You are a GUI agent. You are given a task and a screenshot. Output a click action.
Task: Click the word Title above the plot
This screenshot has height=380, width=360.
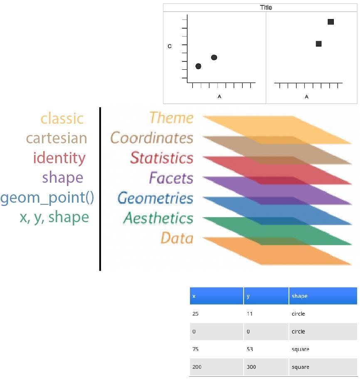click(x=266, y=7)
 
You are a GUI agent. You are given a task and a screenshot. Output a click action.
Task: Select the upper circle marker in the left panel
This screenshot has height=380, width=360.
click(x=214, y=57)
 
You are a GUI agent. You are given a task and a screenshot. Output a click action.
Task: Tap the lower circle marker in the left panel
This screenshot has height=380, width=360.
click(x=198, y=66)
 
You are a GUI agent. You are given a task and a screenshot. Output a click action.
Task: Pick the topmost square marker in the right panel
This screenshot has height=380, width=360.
click(x=330, y=22)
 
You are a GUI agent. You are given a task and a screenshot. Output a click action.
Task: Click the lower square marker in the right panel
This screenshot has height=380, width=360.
click(x=318, y=44)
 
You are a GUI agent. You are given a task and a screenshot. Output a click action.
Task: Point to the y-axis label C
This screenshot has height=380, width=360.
click(x=170, y=46)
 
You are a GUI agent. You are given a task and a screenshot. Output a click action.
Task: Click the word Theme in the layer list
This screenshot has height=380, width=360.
click(x=171, y=118)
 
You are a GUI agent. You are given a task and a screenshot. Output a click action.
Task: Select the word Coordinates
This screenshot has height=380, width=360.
click(x=152, y=138)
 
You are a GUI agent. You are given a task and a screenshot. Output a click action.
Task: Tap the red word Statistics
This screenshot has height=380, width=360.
click(x=162, y=158)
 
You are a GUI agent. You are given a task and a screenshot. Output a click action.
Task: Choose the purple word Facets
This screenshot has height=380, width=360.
click(x=171, y=178)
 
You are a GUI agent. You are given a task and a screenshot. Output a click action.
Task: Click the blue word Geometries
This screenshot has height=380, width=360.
click(x=155, y=198)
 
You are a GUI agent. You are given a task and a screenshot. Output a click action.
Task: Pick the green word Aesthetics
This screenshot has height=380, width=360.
click(x=158, y=218)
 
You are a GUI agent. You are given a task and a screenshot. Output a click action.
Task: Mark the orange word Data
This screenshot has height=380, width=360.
click(x=177, y=238)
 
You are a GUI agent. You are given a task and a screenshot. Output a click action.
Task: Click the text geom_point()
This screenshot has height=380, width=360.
click(x=47, y=197)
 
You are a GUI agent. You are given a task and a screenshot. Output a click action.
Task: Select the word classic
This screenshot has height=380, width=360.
click(x=62, y=118)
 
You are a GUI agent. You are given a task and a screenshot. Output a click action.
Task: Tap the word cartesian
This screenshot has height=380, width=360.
click(x=57, y=138)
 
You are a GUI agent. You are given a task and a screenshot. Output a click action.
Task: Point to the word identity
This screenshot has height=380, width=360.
click(x=59, y=158)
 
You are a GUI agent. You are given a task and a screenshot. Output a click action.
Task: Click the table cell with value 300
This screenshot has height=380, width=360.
click(x=251, y=367)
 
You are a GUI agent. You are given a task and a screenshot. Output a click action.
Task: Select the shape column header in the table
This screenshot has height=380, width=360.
click(x=299, y=296)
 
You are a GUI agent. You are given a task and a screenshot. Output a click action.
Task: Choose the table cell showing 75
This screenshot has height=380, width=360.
click(x=195, y=349)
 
